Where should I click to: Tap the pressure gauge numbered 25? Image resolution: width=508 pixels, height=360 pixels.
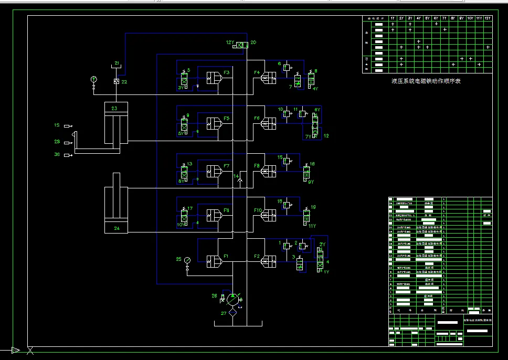click(187, 260)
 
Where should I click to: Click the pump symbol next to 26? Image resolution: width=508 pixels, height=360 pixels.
click(232, 299)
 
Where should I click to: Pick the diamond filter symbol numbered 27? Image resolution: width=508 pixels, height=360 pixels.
click(232, 313)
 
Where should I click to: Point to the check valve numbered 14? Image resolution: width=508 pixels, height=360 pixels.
click(240, 181)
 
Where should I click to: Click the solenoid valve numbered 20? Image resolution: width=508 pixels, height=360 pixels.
click(242, 45)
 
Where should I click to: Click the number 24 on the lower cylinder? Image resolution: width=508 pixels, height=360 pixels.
click(116, 228)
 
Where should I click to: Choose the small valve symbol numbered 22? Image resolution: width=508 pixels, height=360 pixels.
click(117, 82)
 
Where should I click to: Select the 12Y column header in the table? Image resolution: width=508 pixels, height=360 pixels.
click(488, 18)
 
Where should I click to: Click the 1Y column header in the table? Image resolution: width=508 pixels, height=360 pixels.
click(393, 18)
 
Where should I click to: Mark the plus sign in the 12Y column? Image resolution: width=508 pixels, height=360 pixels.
click(488, 47)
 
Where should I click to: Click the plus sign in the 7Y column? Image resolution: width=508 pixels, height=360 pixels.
click(444, 30)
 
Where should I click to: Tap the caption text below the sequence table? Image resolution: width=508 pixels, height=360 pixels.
click(426, 81)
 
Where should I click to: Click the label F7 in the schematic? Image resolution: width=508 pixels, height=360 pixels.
click(227, 166)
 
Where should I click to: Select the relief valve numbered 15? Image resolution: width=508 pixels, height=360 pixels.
click(287, 162)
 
